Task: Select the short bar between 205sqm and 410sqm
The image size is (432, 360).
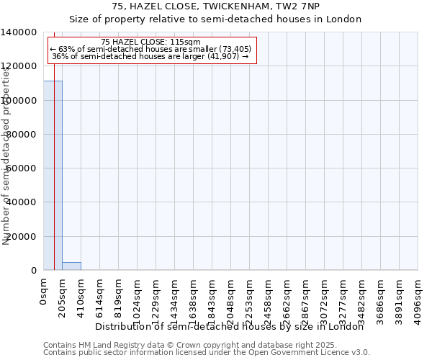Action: coord(71,266)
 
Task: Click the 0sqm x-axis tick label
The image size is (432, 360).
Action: coord(44,294)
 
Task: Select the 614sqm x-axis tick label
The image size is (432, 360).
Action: coord(100,297)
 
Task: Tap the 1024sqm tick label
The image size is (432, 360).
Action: coord(138,299)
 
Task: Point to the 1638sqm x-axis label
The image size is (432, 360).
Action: coord(194,299)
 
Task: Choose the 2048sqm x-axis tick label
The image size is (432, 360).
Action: coord(231,299)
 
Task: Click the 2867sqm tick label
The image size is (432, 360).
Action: coord(306,299)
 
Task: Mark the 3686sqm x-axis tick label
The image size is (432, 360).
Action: coord(381,299)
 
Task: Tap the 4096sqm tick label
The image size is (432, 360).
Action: coord(418,299)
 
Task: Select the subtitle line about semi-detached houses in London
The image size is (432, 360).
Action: coord(215,19)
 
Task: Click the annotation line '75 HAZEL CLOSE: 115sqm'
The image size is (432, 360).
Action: coord(151,42)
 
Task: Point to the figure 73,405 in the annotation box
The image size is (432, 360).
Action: coord(235,49)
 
